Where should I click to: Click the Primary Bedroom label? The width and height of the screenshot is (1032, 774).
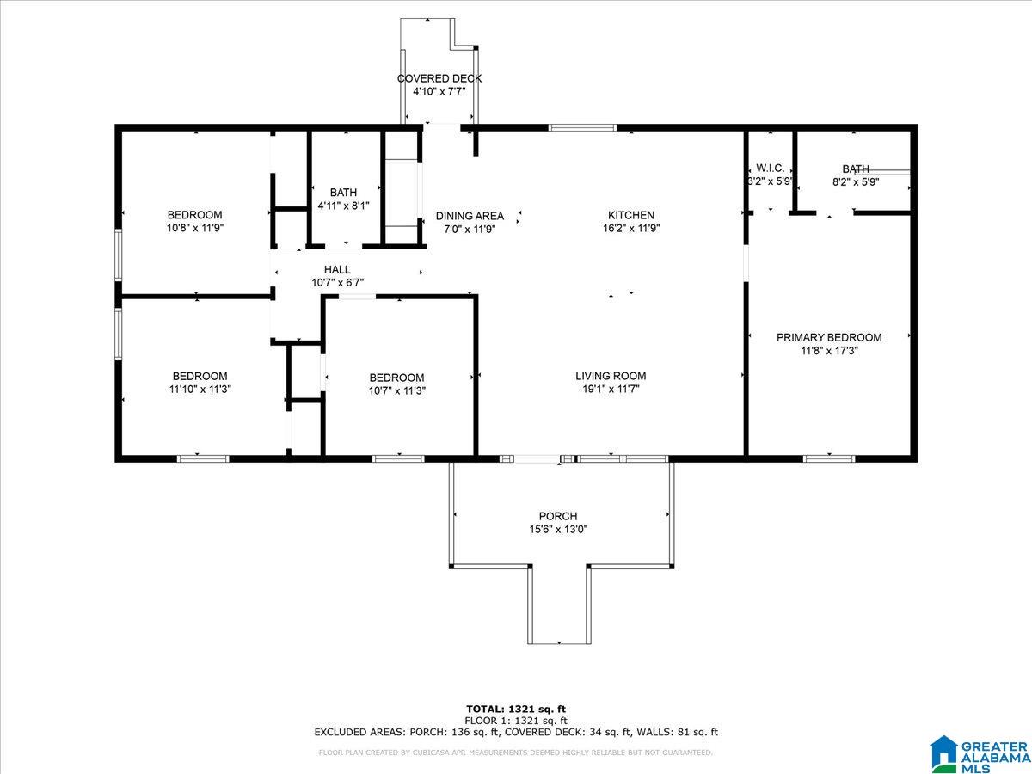pos(829,337)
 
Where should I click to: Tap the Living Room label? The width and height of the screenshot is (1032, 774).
pos(611,376)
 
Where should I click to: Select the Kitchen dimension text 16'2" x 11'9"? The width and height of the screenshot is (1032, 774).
pos(631,229)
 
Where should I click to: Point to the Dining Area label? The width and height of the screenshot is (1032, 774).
pos(470,216)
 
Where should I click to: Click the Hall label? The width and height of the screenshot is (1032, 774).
pos(337,270)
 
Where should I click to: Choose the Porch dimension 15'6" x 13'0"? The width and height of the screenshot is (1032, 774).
pos(558,530)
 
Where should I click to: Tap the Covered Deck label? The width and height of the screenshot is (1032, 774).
pos(439,78)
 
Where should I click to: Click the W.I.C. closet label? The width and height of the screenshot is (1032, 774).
pos(770,168)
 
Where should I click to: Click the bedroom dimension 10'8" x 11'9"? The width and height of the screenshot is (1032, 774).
pos(195,229)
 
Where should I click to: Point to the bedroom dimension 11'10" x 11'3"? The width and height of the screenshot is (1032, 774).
pos(200,390)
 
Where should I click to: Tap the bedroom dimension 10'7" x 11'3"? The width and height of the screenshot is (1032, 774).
pos(397,391)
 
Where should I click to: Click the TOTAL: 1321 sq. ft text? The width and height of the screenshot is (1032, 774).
pos(516,709)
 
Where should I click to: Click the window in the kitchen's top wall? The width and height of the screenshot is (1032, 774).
pos(582,127)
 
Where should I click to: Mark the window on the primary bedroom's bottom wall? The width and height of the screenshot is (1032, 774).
pos(829,458)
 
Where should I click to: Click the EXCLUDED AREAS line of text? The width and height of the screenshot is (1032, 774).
pos(516,732)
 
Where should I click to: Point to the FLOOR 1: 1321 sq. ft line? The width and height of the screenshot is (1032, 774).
pos(516,721)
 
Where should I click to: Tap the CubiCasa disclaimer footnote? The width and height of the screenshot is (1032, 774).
pos(516,752)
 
